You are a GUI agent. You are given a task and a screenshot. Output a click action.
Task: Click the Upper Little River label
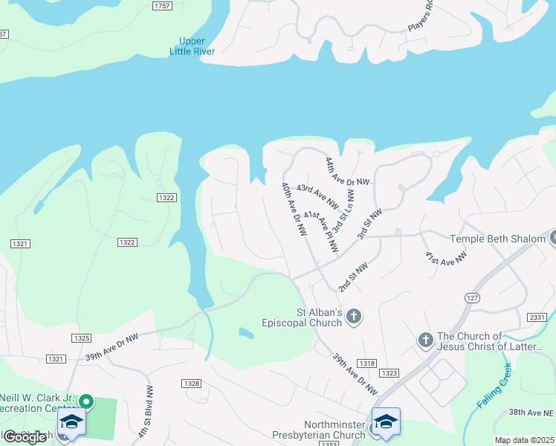coord(197,46)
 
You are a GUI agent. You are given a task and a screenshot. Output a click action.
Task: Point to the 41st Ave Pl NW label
coord(321,230)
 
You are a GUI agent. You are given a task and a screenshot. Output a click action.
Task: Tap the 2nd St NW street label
coord(353,277)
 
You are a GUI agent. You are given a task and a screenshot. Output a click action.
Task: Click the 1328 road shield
coord(191,383)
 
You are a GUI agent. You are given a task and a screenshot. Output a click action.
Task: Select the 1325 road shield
coord(82,338)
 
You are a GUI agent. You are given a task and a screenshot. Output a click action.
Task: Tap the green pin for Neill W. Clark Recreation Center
coord(86,402)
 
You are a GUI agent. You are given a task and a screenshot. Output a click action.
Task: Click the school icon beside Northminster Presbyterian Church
coord(386,422)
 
